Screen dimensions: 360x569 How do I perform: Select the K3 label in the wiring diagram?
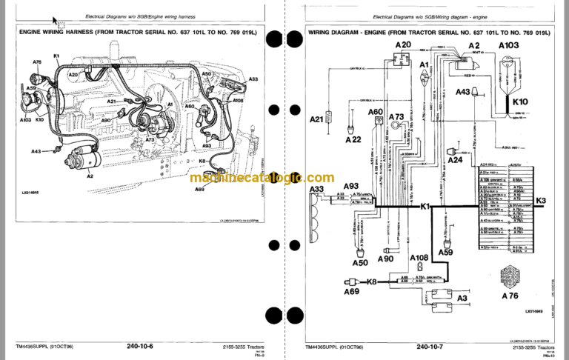tap(540, 201)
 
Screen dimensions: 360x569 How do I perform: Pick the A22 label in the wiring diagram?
tap(353, 139)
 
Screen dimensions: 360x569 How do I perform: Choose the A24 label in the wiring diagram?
tap(455, 160)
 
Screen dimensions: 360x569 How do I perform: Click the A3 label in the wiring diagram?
tap(462, 298)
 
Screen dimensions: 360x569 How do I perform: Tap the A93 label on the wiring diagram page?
tap(351, 186)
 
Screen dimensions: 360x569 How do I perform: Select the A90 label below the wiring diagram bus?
tap(385, 259)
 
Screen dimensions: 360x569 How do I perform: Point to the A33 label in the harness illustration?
tap(253, 79)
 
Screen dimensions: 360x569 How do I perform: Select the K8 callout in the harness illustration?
tap(202, 161)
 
